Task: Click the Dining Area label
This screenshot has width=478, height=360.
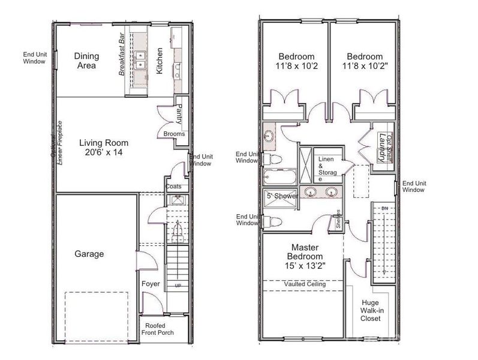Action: [86, 61]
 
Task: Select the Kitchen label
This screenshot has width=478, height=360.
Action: [160, 60]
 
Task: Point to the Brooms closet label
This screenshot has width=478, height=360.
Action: [174, 134]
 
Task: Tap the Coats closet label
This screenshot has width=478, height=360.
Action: [173, 187]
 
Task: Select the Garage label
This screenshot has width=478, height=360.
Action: [89, 254]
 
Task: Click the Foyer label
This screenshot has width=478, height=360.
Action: [150, 284]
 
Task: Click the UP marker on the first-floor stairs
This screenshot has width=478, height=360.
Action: [178, 286]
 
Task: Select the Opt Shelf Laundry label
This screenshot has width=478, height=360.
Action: [384, 145]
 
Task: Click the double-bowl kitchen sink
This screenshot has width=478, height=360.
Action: [142, 61]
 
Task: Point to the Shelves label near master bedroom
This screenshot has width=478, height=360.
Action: [339, 219]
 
